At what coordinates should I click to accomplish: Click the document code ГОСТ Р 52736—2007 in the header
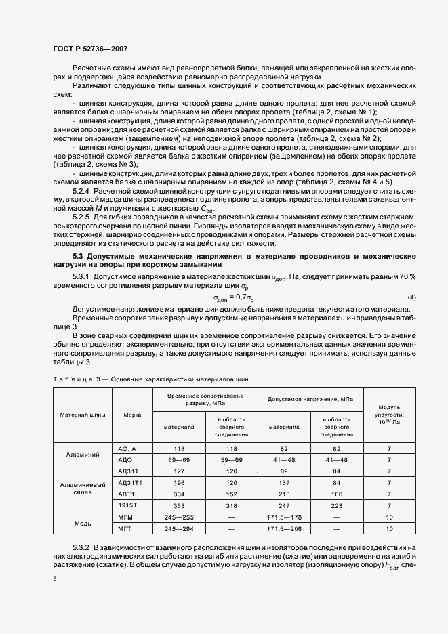(90, 49)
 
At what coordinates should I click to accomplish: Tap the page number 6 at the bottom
(54, 578)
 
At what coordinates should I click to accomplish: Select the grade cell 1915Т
(127, 506)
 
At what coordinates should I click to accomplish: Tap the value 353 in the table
(179, 506)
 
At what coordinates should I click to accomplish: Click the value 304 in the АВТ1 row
(179, 494)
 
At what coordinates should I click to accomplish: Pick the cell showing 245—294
(179, 529)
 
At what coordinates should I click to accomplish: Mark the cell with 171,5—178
(285, 517)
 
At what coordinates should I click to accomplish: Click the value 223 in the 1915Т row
(337, 506)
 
